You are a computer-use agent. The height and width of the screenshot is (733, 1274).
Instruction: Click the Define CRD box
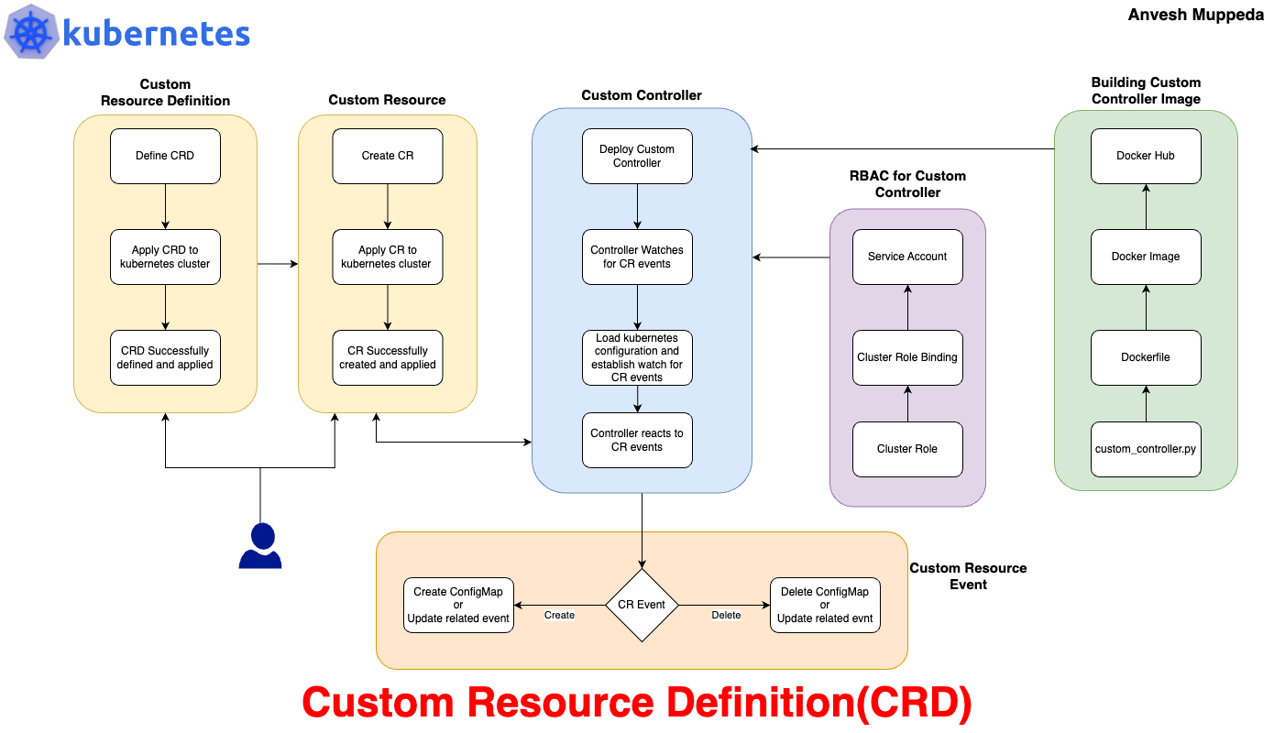point(165,156)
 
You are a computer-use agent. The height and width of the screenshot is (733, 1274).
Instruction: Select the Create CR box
point(388,156)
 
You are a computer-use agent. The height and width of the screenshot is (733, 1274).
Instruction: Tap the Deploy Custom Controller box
point(637,156)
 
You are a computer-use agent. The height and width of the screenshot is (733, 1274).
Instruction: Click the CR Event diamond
point(642,605)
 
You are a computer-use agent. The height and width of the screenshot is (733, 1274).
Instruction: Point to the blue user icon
point(260,545)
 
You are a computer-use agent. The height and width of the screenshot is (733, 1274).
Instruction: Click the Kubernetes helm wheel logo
point(31,32)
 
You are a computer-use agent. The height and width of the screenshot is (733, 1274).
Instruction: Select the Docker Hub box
point(1146,156)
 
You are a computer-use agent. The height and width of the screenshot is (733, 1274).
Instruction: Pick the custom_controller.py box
point(1146,449)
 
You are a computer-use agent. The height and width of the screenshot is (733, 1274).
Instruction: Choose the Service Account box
point(907,257)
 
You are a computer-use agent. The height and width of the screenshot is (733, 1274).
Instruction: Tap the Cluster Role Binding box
point(907,357)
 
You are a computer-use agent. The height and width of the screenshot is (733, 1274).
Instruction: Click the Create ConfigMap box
point(458,605)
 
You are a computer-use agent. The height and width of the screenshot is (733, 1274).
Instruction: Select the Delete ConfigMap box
point(825,605)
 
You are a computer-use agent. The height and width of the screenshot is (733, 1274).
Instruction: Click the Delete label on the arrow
point(726,616)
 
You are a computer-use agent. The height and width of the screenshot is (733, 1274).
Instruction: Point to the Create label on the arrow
point(559,616)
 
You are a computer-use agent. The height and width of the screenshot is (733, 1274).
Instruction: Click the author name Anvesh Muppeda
point(1195,15)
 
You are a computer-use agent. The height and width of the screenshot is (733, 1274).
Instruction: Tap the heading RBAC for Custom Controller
point(907,184)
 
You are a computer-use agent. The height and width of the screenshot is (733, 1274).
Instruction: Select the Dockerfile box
point(1146,357)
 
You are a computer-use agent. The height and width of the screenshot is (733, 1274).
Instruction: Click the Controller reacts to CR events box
point(637,440)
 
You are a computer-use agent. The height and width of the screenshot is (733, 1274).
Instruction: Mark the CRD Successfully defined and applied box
point(165,357)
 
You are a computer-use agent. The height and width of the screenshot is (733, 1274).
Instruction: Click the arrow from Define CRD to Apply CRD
point(166,206)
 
